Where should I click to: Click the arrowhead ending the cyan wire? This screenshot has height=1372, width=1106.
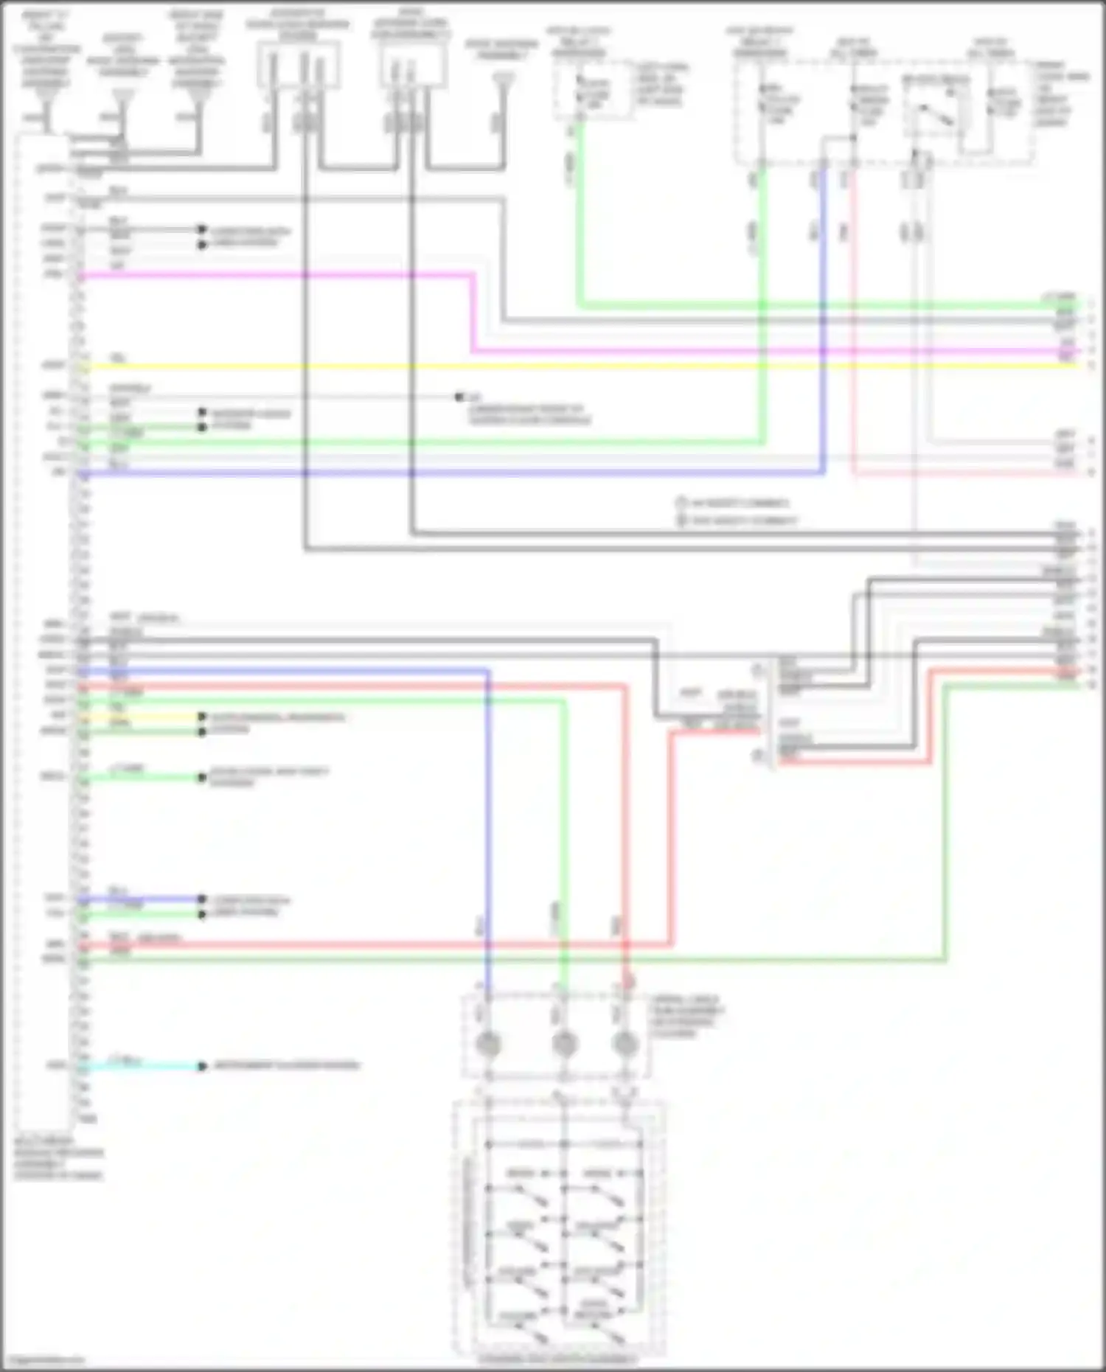pos(201,1066)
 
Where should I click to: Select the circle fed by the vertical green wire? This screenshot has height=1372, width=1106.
pos(564,1044)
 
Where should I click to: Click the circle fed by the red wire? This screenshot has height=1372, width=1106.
pos(625,1044)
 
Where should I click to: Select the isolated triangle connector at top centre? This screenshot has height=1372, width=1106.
pos(504,79)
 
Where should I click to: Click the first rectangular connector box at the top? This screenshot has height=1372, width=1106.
pos(298,65)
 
